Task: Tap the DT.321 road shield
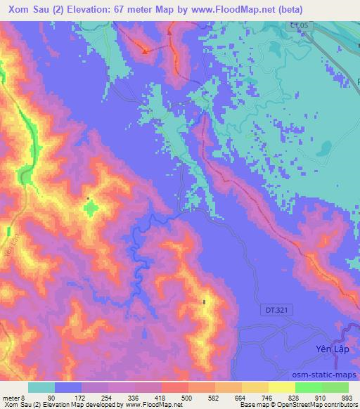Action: pyautogui.click(x=281, y=309)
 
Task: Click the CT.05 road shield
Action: pyautogui.click(x=299, y=26)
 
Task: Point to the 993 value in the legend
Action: pyautogui.click(x=346, y=397)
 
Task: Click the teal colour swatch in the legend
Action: pyautogui.click(x=41, y=387)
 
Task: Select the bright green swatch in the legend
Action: pyautogui.click(x=308, y=387)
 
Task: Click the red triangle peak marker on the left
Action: pyautogui.click(x=145, y=51)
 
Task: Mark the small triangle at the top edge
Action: pyautogui.click(x=170, y=31)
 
